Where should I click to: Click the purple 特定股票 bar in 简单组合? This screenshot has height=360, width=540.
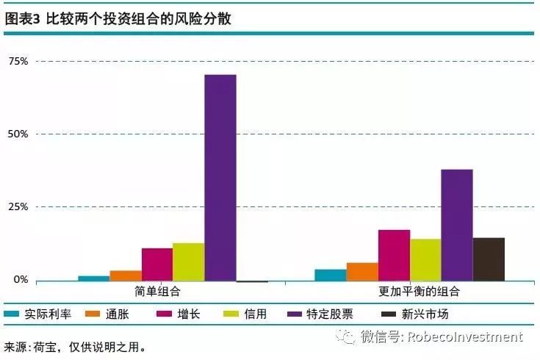click(x=220, y=177)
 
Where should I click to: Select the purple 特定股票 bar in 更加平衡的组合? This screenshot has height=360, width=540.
click(x=456, y=225)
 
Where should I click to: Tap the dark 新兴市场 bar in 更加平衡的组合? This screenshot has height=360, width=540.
click(x=488, y=259)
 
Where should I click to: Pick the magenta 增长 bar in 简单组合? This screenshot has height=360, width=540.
click(x=156, y=264)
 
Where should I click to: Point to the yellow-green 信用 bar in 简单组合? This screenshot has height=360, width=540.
click(x=188, y=262)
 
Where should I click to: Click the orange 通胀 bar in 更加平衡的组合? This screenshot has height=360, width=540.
click(x=361, y=271)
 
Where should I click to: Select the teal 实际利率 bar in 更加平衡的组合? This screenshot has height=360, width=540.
click(x=331, y=274)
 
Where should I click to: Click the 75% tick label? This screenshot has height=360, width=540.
click(x=19, y=61)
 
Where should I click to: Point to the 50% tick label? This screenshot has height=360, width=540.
click(x=19, y=134)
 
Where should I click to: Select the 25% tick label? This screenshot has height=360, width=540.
click(x=19, y=206)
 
